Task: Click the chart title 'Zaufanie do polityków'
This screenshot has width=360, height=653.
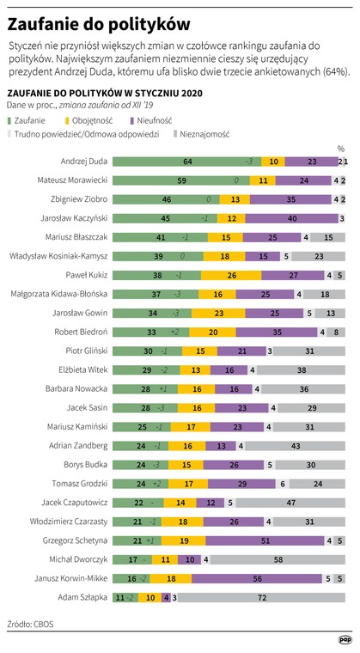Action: click(99, 25)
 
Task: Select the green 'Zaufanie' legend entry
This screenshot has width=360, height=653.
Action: click(27, 121)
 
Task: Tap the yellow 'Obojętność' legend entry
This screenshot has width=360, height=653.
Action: click(88, 121)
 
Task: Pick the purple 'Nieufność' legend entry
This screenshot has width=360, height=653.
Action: click(151, 121)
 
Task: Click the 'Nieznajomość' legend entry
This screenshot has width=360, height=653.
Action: click(202, 134)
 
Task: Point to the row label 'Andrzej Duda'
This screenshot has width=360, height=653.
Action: click(84, 162)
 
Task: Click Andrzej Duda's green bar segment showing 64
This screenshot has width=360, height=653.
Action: click(187, 162)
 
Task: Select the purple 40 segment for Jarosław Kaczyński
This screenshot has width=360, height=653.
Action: click(291, 218)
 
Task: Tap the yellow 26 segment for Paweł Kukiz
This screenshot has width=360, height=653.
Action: click(231, 275)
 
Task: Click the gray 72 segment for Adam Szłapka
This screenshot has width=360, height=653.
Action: click(262, 598)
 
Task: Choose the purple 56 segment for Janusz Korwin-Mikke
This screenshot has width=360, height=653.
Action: click(257, 578)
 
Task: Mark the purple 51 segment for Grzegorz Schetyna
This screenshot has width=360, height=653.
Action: click(265, 540)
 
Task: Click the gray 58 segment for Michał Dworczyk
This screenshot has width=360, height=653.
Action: click(278, 559)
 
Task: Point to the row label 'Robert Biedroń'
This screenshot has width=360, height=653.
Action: click(81, 332)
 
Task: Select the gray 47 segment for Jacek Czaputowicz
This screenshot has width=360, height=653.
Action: click(290, 503)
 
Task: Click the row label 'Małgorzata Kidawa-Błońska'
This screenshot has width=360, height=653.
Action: click(59, 294)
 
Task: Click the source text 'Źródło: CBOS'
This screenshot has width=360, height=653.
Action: click(30, 625)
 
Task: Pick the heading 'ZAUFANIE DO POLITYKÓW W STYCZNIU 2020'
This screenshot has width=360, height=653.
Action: click(105, 93)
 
